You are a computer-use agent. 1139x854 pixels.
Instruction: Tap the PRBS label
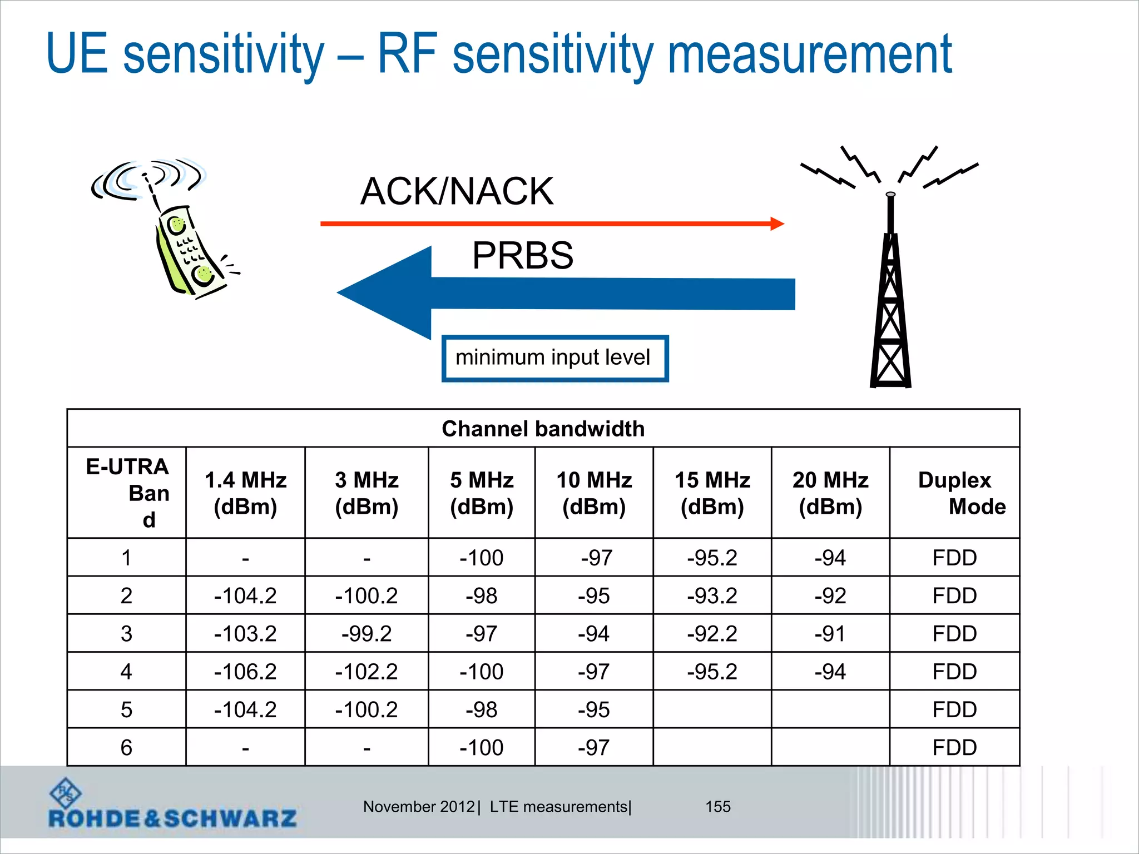[522, 256]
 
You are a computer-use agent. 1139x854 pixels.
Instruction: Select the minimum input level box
[554, 358]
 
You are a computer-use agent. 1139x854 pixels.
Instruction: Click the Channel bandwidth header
[543, 429]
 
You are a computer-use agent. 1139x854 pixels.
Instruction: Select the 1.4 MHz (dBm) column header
[245, 493]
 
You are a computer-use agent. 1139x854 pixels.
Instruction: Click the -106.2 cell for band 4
[245, 672]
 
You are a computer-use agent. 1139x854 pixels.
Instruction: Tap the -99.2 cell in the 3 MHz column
[367, 634]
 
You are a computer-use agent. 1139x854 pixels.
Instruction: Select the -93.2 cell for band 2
[712, 596]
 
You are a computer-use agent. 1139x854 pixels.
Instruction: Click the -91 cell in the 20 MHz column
[830, 634]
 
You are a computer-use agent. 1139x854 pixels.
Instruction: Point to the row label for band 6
[126, 748]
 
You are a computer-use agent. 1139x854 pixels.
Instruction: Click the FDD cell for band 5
[954, 710]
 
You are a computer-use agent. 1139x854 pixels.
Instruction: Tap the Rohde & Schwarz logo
[172, 806]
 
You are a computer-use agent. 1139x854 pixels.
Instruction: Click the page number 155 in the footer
[718, 807]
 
